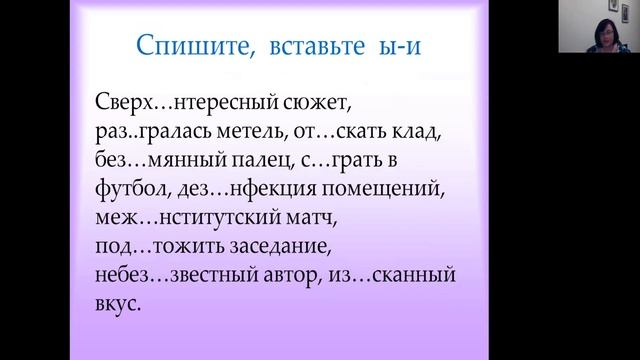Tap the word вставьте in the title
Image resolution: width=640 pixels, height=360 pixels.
tap(307, 47)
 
